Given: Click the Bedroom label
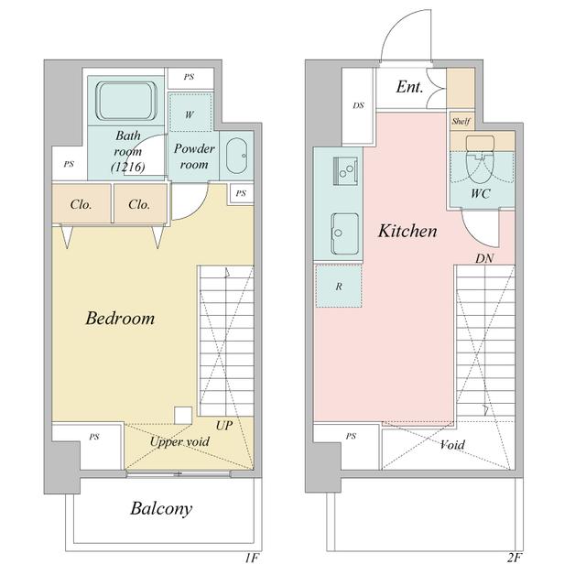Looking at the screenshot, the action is coord(120,319).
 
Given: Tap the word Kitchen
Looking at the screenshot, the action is coord(407,231).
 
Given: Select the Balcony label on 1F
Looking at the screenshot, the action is coord(161,509).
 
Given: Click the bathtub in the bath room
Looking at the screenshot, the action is coord(125,101).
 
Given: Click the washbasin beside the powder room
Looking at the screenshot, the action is coord(236,157).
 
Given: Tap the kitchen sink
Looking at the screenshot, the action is coord(345,233).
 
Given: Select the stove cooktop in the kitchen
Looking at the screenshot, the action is coord(345,170).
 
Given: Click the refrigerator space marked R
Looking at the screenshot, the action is coord(339,286).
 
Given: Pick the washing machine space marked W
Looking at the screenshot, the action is coord(190,113).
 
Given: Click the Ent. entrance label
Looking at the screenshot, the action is coord(409,87).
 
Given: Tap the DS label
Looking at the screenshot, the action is coord(358,105).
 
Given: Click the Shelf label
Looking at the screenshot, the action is coord(461,121).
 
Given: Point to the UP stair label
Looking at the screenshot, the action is coord(224,425).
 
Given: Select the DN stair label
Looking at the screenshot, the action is coord(484,258).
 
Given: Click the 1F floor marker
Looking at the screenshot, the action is coord(252,558).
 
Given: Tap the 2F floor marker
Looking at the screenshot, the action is coord(514,558).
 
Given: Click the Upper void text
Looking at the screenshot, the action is coord(179,441).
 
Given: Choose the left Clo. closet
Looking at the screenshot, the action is coord(81,204).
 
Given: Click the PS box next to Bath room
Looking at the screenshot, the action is coord(70,164).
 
